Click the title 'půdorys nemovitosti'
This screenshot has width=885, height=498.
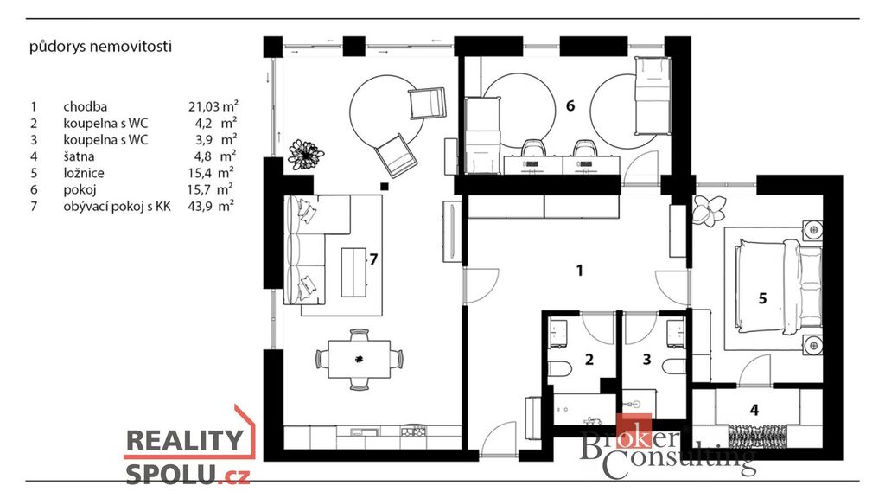[x=100, y=47]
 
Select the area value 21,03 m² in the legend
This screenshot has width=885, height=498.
[x=213, y=106]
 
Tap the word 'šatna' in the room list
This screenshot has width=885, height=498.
[x=79, y=156]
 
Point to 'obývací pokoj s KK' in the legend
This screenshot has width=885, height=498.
[x=117, y=206]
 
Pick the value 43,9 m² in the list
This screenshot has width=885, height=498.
[x=211, y=206]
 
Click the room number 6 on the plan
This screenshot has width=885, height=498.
[x=570, y=105]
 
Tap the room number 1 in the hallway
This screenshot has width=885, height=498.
[x=579, y=271]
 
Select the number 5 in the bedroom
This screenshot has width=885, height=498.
[x=762, y=298]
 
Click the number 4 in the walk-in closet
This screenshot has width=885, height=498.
[x=754, y=410]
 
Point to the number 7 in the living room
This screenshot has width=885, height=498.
[x=373, y=259]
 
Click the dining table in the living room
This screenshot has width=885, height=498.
[x=359, y=359]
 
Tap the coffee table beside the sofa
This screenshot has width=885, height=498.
[x=353, y=272]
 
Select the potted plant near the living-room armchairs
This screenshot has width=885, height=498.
[x=306, y=154]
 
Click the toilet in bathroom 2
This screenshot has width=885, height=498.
[x=560, y=368]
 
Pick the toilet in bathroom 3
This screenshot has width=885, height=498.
[x=674, y=367]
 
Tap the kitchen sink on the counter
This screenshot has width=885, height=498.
[x=359, y=432]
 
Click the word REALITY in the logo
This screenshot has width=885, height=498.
[x=185, y=440]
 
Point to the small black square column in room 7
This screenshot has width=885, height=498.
[x=385, y=187]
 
